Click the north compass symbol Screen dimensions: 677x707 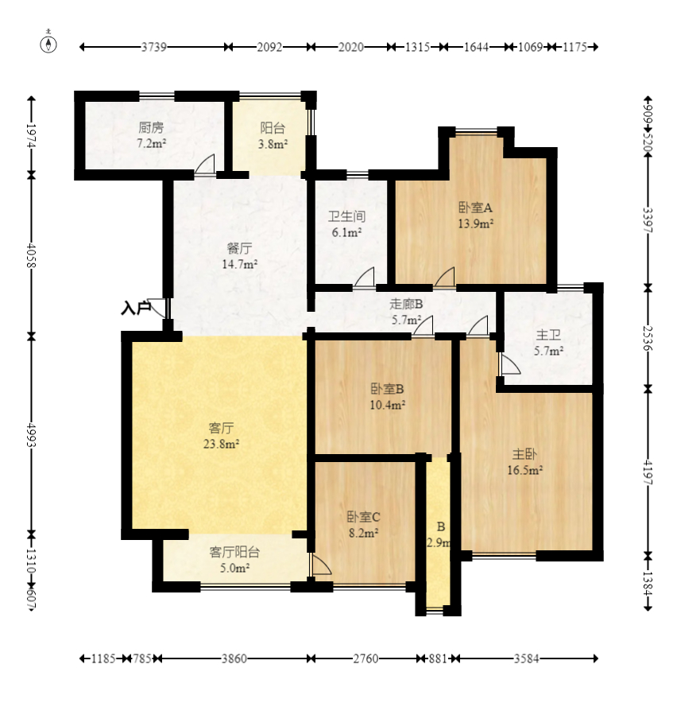click(48, 44)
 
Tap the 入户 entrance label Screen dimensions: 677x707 click(136, 309)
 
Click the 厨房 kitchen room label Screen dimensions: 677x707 click(151, 127)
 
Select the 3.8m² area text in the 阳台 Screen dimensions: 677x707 click(273, 144)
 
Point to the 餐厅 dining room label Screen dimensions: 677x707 click(240, 248)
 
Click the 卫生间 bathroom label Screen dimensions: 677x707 click(346, 216)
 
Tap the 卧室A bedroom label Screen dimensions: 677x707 click(475, 208)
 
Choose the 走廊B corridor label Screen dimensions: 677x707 click(406, 304)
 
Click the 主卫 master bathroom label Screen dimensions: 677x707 click(548, 335)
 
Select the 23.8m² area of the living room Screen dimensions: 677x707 click(221, 444)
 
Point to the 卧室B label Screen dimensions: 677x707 click(387, 389)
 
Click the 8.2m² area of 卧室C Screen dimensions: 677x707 click(363, 533)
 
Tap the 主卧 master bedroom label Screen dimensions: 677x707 click(524, 453)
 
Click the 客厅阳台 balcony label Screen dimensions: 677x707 click(234, 552)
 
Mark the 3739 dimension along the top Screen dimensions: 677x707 click(154, 47)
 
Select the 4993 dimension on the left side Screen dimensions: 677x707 click(31, 435)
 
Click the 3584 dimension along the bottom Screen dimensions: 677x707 click(527, 658)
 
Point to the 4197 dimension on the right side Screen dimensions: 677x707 click(648, 472)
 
